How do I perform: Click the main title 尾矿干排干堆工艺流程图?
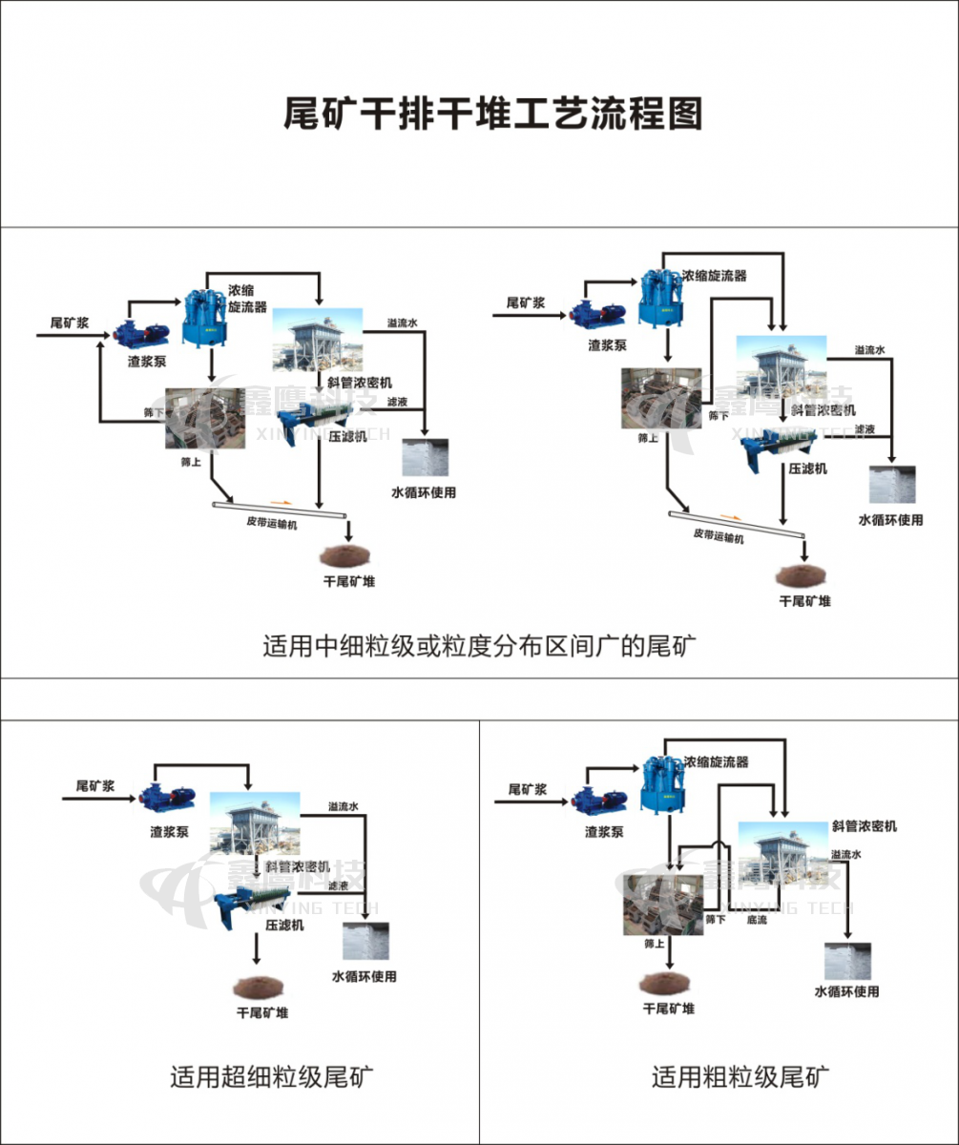pos(492,113)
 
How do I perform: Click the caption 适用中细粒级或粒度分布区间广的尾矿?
pos(481,645)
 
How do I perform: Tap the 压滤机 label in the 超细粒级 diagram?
pos(284,925)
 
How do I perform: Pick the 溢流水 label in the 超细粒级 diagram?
pos(343,807)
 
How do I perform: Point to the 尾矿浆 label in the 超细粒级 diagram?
pos(96,784)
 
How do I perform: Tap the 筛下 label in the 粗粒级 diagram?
pos(716,919)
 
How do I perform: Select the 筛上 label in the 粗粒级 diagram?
pos(654,943)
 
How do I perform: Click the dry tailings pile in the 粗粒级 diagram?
pos(667,981)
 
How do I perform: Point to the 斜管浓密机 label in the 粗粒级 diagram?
pos(864,825)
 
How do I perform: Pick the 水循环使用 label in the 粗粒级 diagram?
pos(846,991)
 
